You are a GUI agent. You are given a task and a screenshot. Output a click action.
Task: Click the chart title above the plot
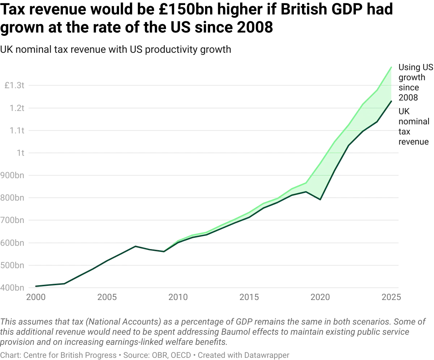coord(116,50)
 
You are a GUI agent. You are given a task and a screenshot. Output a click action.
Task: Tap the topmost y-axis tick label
coord(14,86)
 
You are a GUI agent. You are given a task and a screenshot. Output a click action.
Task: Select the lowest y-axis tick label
coord(13,288)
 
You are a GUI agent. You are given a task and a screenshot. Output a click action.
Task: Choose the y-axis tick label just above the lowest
coord(14,265)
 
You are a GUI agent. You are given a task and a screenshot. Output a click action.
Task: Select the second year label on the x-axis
coord(107,297)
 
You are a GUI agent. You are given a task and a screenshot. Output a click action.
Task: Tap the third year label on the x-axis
coord(178,297)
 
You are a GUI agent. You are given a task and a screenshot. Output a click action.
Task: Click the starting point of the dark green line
coord(35,286)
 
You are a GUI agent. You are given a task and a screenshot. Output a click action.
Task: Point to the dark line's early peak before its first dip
coord(136,245)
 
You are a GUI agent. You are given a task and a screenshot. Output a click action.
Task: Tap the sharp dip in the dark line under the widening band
coord(320,199)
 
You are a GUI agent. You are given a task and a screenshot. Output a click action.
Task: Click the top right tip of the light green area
coord(392,67)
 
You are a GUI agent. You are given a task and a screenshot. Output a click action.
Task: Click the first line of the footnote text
coord(213,322)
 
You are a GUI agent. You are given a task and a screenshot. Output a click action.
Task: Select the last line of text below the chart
coord(145,355)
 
